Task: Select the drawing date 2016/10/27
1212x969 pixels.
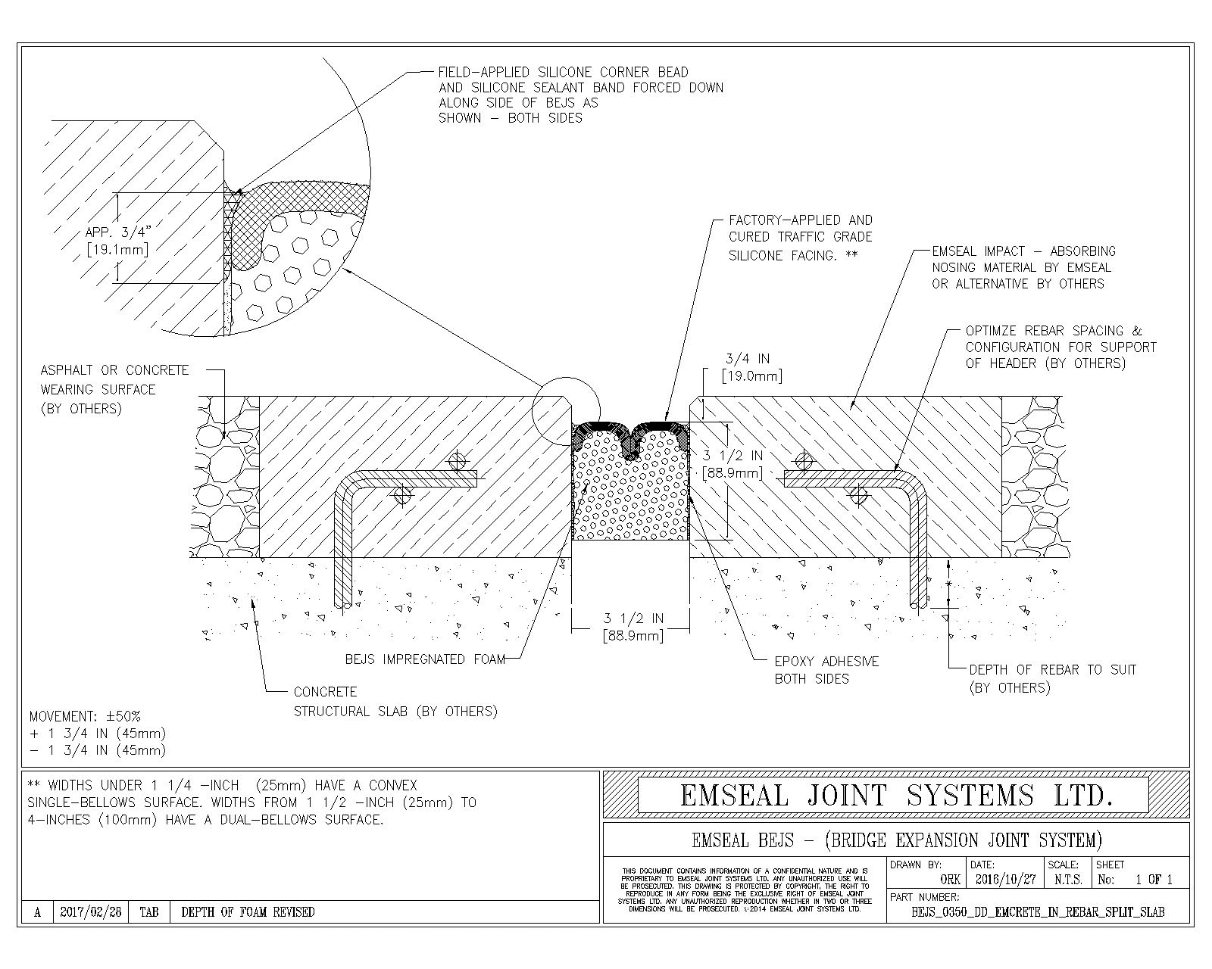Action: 1004,880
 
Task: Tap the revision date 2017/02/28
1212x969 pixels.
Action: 90,912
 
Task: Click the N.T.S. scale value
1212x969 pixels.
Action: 1067,880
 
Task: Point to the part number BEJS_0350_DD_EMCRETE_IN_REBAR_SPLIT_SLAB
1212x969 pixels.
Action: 1039,912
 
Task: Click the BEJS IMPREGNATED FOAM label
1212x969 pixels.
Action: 425,659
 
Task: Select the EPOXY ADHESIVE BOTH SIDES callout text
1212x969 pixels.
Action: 826,670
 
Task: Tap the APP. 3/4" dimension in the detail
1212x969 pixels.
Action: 117,241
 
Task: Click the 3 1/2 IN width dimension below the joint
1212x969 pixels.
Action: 633,627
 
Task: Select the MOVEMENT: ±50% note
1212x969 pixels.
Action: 85,716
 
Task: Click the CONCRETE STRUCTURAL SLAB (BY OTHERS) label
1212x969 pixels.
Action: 395,702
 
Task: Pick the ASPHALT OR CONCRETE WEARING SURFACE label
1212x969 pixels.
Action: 114,389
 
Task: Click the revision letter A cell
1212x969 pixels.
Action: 38,912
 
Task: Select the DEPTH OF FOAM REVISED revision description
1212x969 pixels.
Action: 248,912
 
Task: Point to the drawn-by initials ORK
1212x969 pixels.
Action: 950,880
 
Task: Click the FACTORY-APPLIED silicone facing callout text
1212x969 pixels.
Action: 800,238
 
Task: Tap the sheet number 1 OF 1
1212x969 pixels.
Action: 1153,880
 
